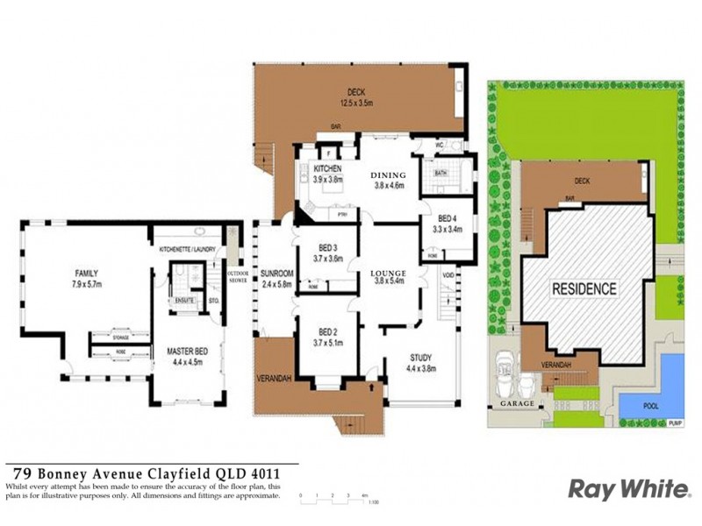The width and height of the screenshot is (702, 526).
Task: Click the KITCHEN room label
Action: point(326,168)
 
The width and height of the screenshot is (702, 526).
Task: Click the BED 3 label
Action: point(327,248)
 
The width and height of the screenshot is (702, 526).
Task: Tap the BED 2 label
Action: point(327,332)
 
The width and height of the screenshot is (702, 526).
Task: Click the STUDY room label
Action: point(422,357)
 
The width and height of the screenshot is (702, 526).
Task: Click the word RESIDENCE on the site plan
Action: point(584,288)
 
